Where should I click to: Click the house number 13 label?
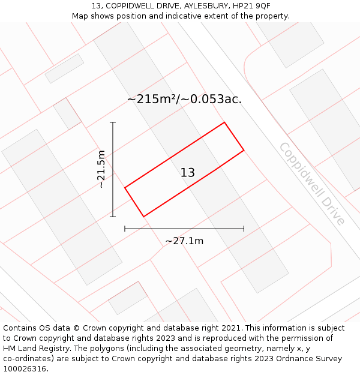(187, 173)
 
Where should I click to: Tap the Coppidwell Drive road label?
(311, 184)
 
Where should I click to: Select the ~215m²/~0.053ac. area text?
(184, 100)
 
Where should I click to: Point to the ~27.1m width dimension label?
(184, 241)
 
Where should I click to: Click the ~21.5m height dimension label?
(101, 169)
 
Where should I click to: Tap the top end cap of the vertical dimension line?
(113, 122)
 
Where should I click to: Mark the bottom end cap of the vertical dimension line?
(113, 216)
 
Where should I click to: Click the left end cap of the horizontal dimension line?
(125, 229)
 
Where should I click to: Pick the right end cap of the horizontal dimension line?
(244, 229)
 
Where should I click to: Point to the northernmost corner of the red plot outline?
(224, 122)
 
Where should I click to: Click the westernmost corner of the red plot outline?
(125, 188)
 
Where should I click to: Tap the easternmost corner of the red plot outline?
(244, 150)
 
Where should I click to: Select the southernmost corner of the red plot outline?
(144, 216)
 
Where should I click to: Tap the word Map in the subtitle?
(81, 16)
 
